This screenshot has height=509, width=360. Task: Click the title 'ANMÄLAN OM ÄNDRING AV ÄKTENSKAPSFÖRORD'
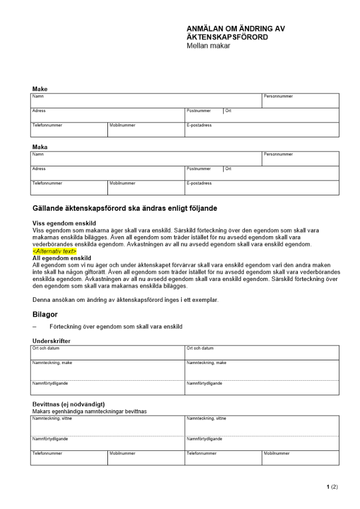236,33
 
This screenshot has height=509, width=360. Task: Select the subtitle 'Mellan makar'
209,46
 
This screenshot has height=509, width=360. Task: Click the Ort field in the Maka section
281,174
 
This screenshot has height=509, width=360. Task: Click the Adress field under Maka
107,174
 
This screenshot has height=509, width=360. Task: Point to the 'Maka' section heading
40,147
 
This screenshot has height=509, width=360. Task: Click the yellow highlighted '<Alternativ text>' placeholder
54,251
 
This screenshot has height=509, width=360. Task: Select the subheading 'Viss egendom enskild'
64,223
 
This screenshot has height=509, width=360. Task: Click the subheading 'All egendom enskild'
62,258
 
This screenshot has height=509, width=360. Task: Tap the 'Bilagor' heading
45,315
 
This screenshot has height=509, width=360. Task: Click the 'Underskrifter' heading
51,341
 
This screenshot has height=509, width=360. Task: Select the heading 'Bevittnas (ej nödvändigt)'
68,404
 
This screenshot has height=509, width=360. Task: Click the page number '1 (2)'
332,487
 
